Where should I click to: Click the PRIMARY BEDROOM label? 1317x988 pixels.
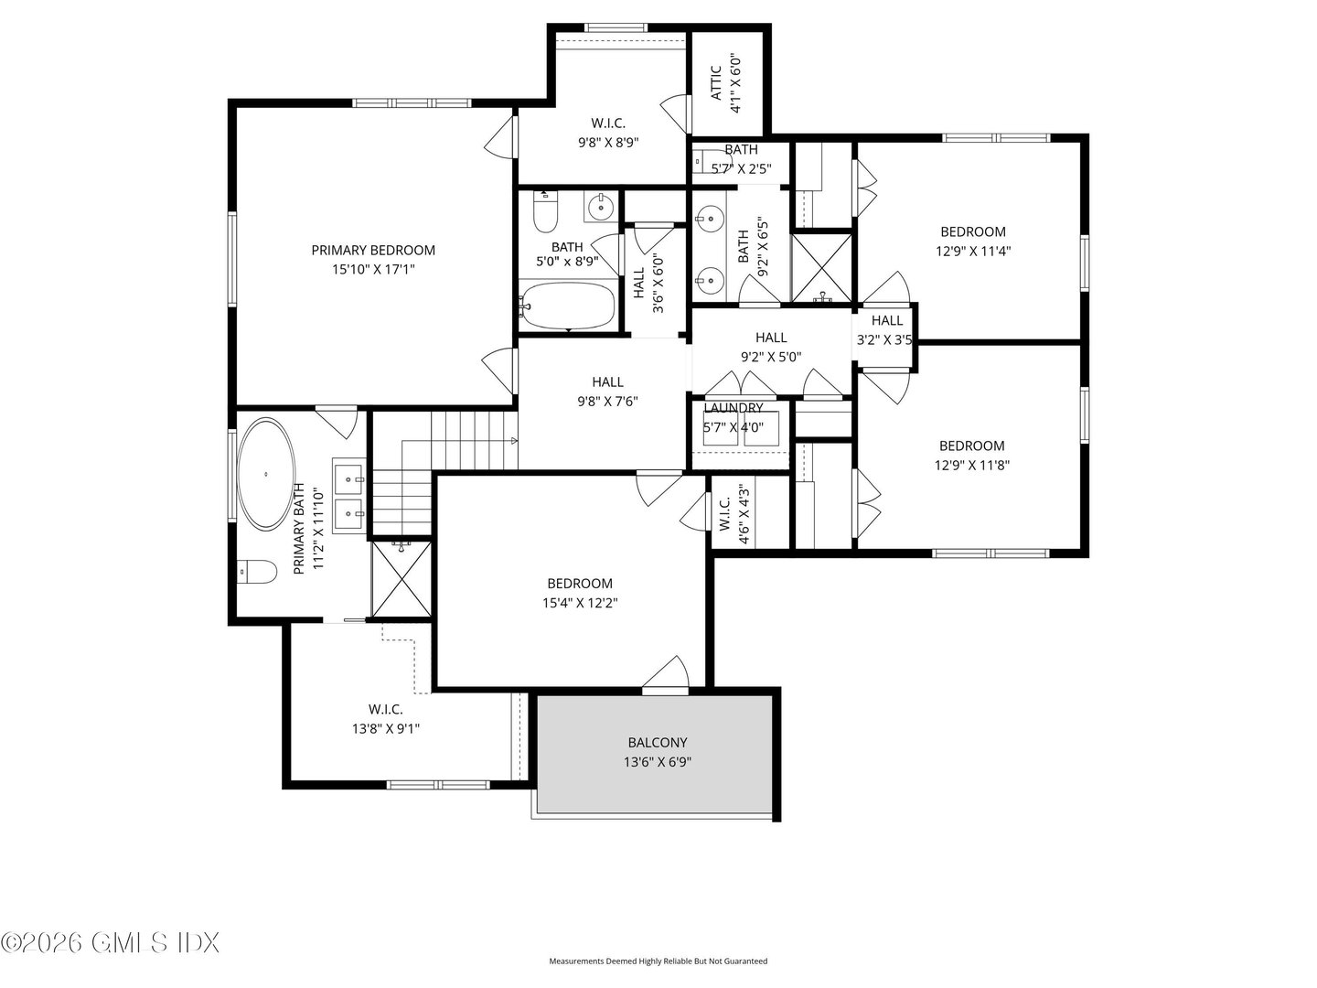(x=373, y=250)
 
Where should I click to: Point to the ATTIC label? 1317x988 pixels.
(x=716, y=82)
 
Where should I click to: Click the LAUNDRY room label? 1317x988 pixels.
(x=733, y=408)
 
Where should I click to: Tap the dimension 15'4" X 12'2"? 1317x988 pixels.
(x=580, y=603)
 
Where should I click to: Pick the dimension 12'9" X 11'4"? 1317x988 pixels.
(x=973, y=251)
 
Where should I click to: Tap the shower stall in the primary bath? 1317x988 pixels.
(x=401, y=579)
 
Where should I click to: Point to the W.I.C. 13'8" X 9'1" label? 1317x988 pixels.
(x=385, y=709)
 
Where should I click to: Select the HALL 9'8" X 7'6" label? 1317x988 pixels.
(x=607, y=382)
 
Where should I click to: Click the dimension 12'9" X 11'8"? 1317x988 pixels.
(x=971, y=465)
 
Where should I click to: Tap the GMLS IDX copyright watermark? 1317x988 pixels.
(x=110, y=942)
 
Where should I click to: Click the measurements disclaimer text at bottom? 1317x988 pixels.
(x=658, y=961)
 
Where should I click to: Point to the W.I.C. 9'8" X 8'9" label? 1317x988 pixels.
(x=607, y=123)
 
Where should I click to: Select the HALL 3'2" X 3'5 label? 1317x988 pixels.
(x=886, y=320)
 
